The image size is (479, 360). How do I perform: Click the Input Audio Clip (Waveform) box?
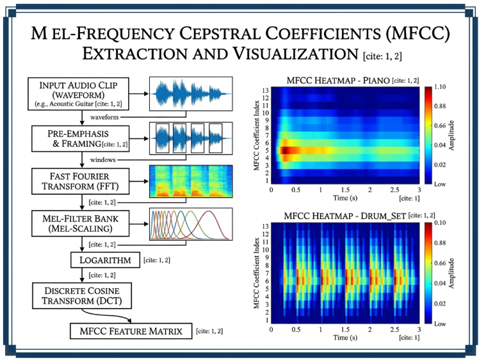pos(78,94)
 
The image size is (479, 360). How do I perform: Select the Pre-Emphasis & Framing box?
pos(80,139)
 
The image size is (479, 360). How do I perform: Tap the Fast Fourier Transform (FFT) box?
pos(80,181)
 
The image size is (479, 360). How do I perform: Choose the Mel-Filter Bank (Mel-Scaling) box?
pos(80,224)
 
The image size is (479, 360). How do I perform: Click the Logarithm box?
pos(106,260)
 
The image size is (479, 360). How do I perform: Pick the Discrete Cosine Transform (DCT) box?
pos(82,295)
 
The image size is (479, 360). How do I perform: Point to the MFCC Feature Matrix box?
pos(131,331)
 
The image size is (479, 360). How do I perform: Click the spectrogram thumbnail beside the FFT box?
pos(191,181)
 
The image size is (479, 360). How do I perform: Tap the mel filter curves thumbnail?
pos(191,224)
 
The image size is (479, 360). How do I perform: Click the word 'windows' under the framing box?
pos(103,160)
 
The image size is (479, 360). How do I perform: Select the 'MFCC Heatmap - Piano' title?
pos(338,81)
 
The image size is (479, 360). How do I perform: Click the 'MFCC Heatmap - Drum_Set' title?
pos(345,216)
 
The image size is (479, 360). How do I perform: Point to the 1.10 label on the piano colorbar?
pos(440,86)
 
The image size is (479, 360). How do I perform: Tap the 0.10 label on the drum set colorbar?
pos(440,222)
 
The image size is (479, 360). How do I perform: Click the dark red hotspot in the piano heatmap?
pos(286,151)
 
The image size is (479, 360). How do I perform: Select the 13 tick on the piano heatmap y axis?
pos(266,90)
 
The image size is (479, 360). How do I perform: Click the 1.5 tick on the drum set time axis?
pos(345,329)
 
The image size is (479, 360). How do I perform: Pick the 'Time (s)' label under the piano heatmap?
pos(345,198)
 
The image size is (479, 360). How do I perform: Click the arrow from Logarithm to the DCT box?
pos(82,275)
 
